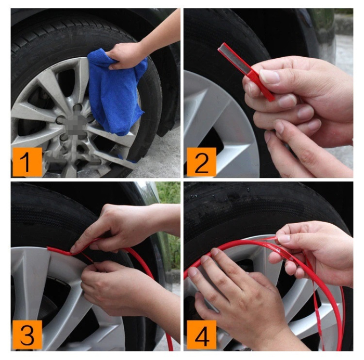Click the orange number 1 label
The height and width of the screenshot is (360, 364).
click(x=27, y=162)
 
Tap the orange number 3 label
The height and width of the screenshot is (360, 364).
click(x=27, y=335)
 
